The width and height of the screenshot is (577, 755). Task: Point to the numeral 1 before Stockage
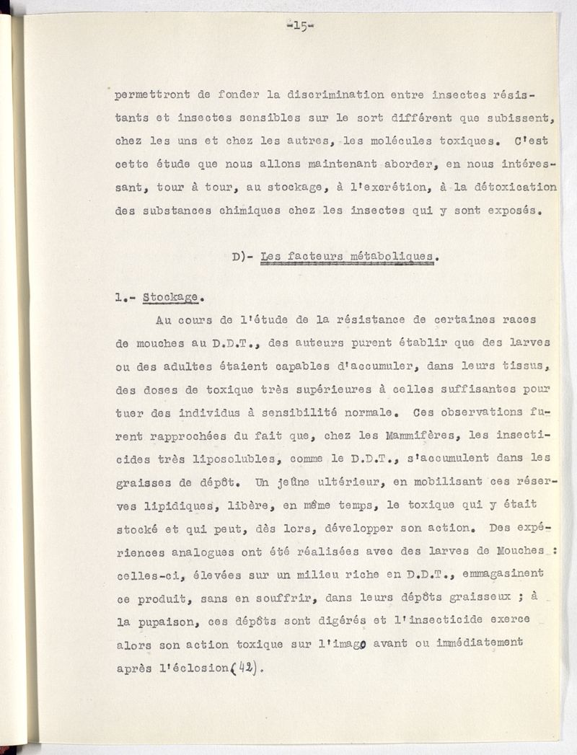119,296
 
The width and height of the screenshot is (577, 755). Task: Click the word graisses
141,482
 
